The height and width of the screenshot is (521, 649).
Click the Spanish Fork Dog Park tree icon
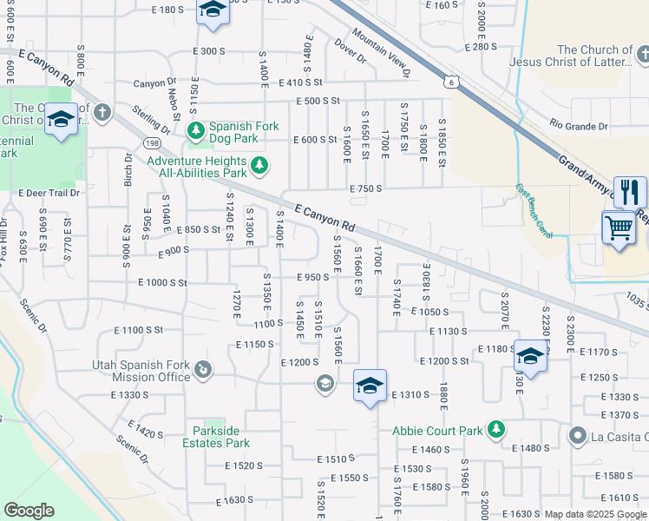pos(196,130)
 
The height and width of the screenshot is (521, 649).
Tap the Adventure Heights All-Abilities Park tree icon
pos(259,165)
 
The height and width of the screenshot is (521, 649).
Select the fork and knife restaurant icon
pos(630,191)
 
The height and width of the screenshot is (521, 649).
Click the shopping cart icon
pos(618,228)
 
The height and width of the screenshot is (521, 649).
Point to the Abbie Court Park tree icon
pos(495,429)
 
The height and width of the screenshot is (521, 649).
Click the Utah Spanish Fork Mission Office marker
pos(203,371)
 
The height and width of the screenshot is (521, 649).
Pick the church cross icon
pos(102,112)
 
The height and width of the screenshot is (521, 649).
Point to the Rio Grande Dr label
pos(579,127)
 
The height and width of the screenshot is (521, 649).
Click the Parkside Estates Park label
pos(221,437)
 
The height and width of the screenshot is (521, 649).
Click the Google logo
pos(29,511)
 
